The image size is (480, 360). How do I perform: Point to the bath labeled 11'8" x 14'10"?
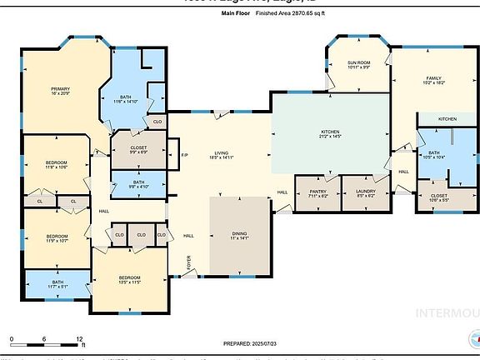130,99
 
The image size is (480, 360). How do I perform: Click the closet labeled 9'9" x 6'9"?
137,148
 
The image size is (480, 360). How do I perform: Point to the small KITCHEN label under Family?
448,119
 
